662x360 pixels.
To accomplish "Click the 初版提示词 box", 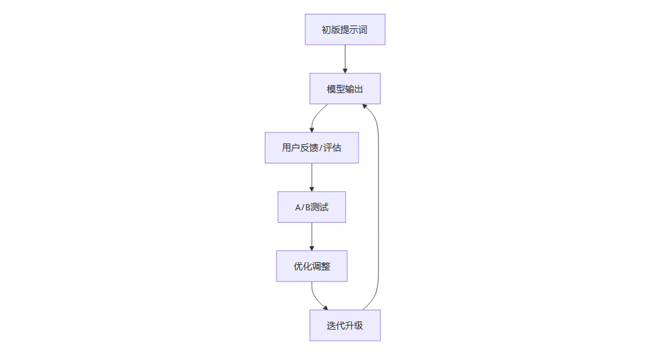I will pos(345,30).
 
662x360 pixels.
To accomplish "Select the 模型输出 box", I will pos(345,89).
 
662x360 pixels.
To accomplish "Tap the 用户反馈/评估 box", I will pos(312,148).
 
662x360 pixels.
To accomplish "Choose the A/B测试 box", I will pos(312,207).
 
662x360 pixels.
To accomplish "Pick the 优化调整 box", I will pos(312,266).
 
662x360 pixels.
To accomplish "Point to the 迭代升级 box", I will pos(345,326).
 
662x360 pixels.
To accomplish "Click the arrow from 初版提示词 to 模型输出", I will pos(345,59).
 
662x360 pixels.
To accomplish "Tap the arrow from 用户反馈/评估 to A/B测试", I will pos(312,177).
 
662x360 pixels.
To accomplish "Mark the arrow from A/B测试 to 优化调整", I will pos(312,237).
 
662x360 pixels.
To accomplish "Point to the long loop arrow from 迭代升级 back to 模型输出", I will pos(379,207).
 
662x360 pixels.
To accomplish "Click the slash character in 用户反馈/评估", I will pos(321,148).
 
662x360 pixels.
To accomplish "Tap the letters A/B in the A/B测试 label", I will pos(303,207).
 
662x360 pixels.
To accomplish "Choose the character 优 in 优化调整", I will pos(298,266).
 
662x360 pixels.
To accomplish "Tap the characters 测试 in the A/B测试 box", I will pos(319,207).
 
